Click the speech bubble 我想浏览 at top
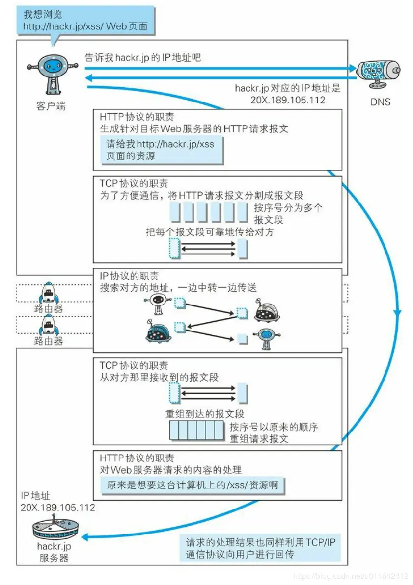[x=85, y=20]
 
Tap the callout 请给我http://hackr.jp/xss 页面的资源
[x=161, y=150]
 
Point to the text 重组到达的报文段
[x=205, y=414]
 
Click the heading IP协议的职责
[x=129, y=276]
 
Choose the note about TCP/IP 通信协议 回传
[x=260, y=548]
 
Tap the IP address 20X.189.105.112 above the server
[x=58, y=507]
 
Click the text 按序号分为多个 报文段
[x=288, y=213]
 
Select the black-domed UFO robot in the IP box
[x=267, y=311]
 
